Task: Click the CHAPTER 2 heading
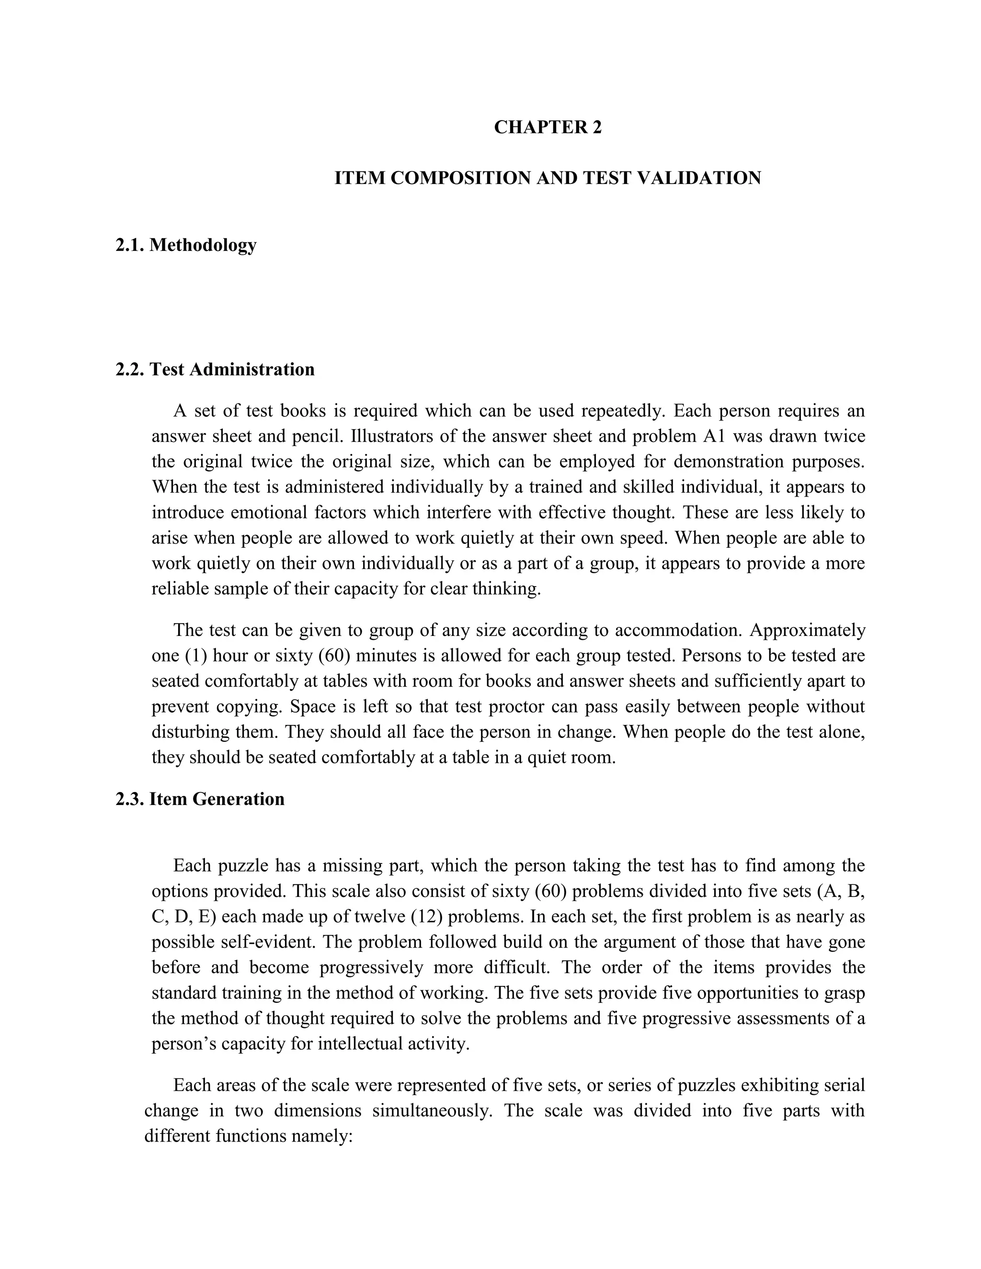(548, 127)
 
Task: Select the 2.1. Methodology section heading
(186, 245)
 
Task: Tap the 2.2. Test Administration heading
(215, 370)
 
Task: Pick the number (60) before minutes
(334, 656)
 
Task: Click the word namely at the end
(332, 1136)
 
